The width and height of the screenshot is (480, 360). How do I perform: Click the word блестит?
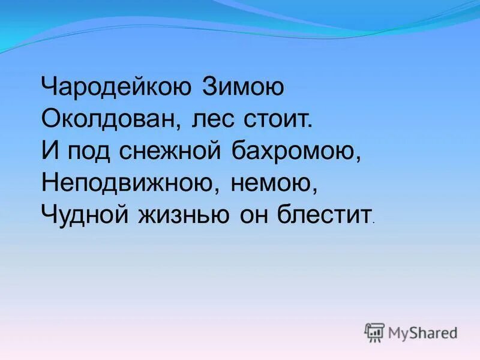point(323,213)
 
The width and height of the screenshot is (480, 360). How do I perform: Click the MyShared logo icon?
point(374,332)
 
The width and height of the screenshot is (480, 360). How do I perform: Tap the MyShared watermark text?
point(422,332)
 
